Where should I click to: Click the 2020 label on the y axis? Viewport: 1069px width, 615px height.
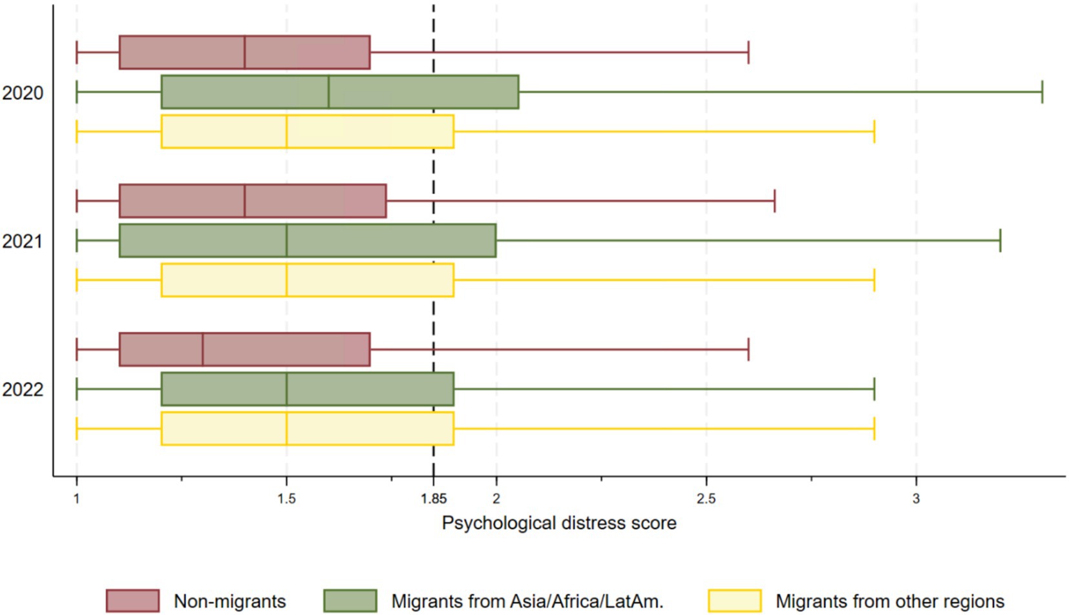(23, 93)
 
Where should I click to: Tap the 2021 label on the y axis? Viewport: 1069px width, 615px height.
(23, 241)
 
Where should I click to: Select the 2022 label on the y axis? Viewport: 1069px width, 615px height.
(23, 390)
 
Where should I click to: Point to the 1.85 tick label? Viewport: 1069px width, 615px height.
(433, 499)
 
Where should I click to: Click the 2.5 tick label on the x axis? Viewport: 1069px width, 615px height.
(706, 499)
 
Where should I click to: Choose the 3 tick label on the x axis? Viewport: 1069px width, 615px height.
(916, 499)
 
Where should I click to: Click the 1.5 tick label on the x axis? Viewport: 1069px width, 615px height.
(286, 499)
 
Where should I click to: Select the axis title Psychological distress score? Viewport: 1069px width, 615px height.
(558, 523)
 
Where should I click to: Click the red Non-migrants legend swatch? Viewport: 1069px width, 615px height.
(132, 601)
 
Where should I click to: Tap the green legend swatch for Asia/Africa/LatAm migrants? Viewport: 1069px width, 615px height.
(350, 601)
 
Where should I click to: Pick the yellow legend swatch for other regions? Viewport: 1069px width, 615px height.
(734, 601)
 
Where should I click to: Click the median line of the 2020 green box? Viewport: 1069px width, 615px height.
(328, 92)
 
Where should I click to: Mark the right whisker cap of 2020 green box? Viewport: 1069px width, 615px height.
(1042, 92)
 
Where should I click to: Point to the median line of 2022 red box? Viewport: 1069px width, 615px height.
(203, 349)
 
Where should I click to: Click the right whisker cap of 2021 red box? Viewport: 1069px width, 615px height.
(774, 201)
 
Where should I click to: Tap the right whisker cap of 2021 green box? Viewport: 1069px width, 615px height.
(1000, 241)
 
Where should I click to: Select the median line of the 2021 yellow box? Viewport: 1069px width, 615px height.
(286, 280)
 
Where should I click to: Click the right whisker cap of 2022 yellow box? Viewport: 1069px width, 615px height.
(874, 429)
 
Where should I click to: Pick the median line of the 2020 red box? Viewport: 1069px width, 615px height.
(245, 52)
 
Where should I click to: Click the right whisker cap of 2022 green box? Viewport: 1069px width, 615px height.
(874, 389)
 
